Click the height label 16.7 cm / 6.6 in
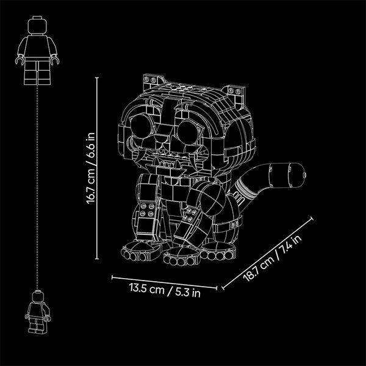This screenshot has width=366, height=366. [90, 168]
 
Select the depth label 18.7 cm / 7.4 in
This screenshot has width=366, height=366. [273, 257]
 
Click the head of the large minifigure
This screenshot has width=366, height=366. [37, 26]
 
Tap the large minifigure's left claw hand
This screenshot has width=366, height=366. [20, 60]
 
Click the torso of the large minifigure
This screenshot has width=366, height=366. [37, 46]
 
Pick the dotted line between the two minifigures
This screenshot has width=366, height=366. [37, 187]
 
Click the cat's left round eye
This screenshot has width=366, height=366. [141, 126]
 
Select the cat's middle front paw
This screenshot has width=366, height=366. [182, 256]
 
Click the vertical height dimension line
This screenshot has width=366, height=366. [97, 168]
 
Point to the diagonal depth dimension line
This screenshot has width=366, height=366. [267, 254]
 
